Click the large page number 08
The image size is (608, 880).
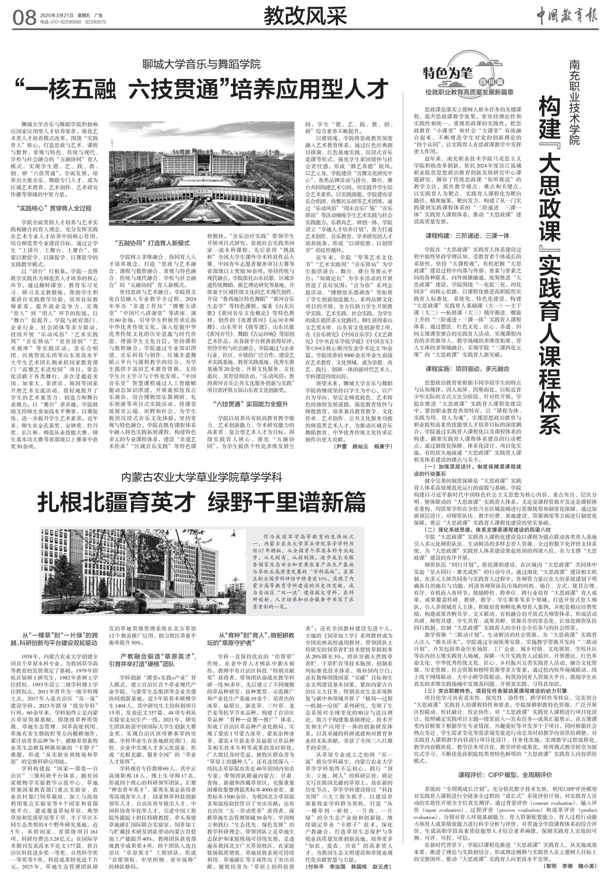pyautogui.click(x=24, y=18)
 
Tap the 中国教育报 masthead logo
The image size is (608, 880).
pyautogui.click(x=567, y=16)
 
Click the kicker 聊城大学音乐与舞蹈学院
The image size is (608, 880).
pyautogui.click(x=202, y=63)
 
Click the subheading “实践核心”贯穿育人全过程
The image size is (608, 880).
pyautogui.click(x=54, y=208)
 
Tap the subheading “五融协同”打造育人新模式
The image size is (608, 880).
pyautogui.click(x=152, y=243)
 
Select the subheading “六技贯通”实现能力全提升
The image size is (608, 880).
pyautogui.click(x=251, y=404)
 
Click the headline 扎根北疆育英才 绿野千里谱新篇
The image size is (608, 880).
pyautogui.click(x=202, y=502)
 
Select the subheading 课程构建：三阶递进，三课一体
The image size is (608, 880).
pyautogui.click(x=467, y=236)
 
